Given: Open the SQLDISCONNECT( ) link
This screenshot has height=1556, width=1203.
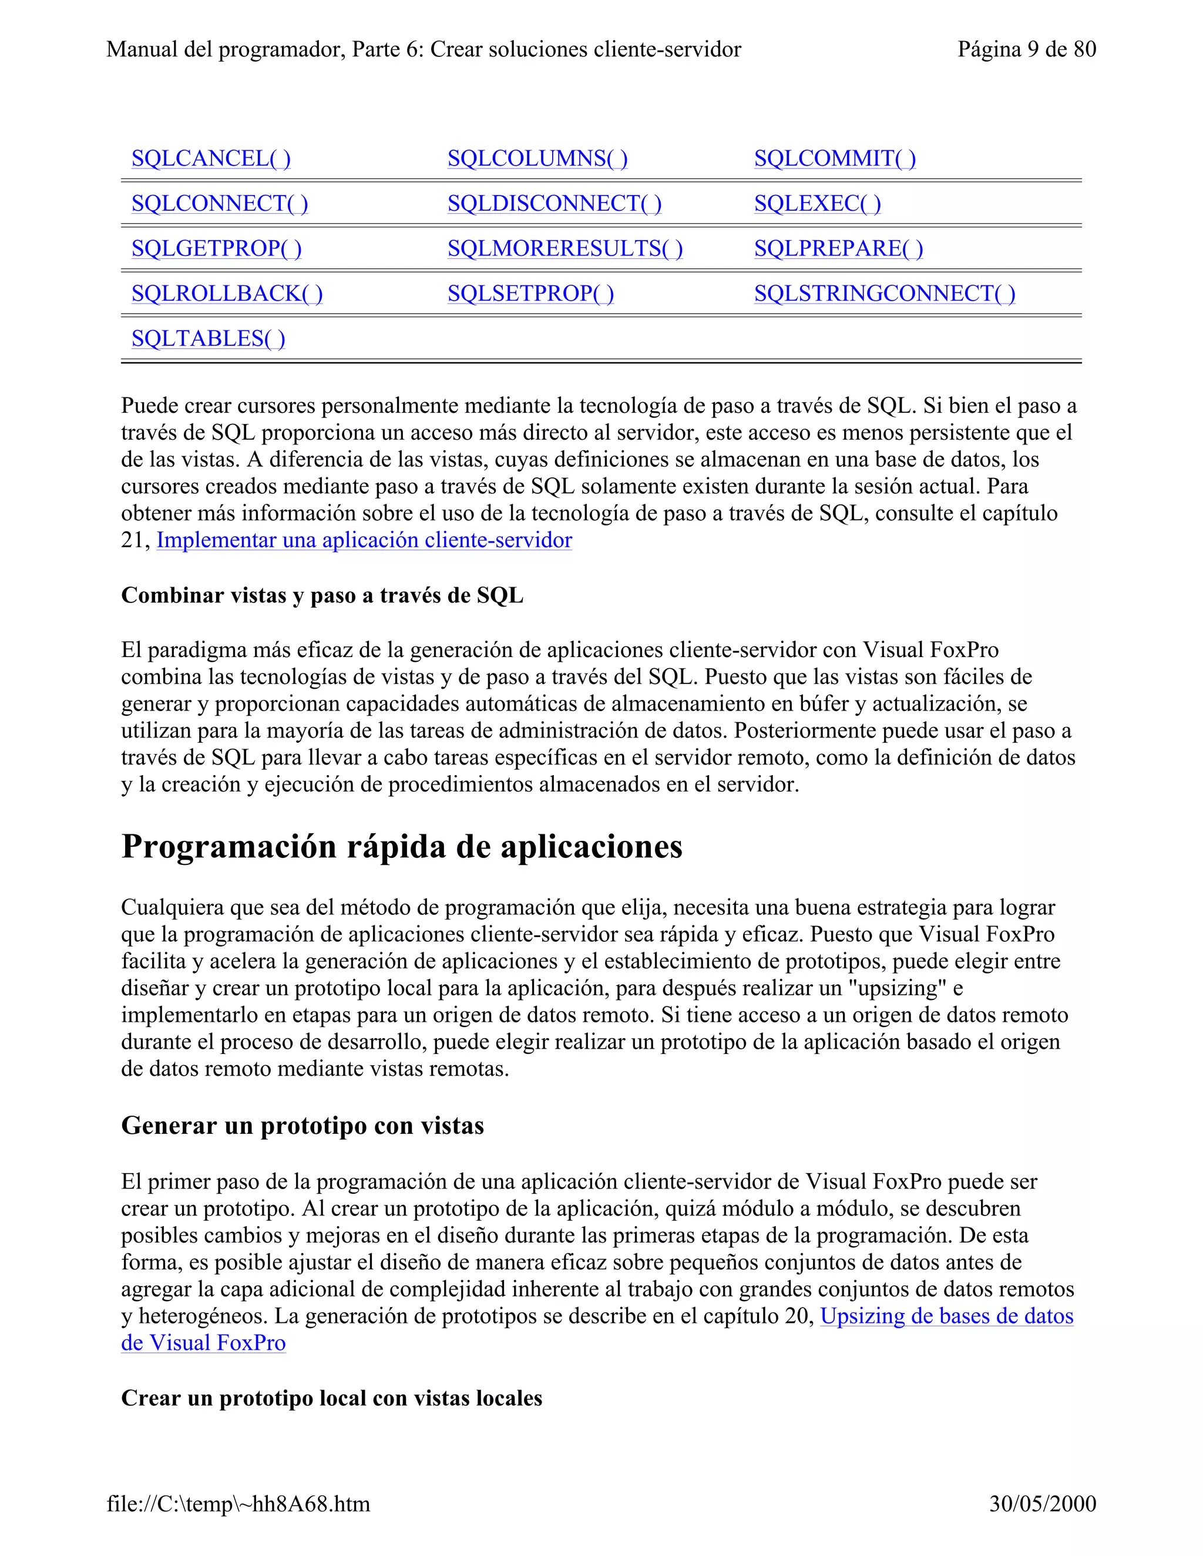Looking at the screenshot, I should point(554,204).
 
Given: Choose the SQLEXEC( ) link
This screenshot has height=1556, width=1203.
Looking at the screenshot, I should point(818,204).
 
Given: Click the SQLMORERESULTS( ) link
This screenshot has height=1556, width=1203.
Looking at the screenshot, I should point(564,248).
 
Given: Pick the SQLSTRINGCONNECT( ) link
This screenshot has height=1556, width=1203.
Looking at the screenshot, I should point(885,294).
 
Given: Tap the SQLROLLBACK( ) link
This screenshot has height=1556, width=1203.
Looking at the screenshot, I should point(227,294).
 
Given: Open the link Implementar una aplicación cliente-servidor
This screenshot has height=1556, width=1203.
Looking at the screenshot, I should point(364,540).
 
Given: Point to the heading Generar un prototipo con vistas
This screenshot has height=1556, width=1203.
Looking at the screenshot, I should point(302,1126).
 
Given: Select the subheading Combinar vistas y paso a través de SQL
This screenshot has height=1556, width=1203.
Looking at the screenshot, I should point(322,595).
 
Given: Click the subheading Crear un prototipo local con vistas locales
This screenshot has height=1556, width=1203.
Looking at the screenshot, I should point(331,1398).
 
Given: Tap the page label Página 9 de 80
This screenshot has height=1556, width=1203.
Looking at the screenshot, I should point(1026,49).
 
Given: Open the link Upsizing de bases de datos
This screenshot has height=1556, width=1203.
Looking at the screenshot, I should point(946,1316).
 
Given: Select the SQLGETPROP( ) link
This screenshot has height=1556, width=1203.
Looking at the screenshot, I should point(217,248).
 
